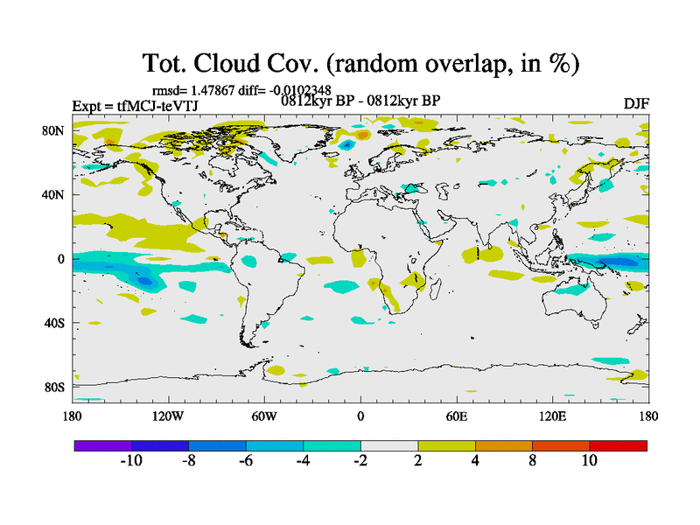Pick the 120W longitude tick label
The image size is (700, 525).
[x=168, y=416]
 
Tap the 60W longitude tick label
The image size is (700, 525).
[x=264, y=416]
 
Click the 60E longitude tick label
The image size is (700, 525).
[x=456, y=416]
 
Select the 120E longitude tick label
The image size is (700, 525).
[x=552, y=416]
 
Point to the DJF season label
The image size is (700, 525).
[x=635, y=103]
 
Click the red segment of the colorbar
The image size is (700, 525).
[x=618, y=445]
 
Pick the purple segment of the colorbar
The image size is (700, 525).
[x=103, y=445]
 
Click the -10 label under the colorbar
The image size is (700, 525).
[x=131, y=460]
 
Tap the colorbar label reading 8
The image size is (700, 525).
[x=532, y=460]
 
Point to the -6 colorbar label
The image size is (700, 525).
[x=246, y=460]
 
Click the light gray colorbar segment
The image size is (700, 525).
[x=389, y=445]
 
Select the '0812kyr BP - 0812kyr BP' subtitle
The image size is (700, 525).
[x=360, y=101]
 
